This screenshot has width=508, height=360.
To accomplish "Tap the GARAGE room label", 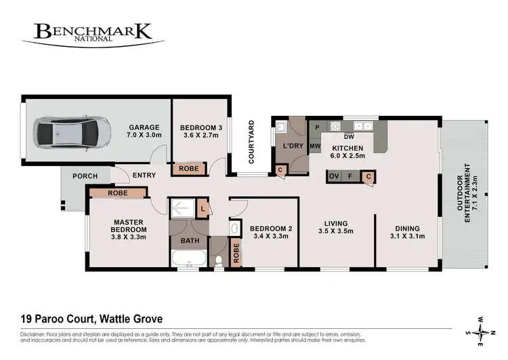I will point(144,132).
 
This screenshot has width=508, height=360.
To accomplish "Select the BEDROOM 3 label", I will point(201,132).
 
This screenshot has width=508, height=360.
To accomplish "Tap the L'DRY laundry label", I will point(293,146).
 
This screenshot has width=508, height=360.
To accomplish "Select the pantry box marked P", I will point(317,126).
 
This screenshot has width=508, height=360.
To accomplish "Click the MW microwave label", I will point(315,146).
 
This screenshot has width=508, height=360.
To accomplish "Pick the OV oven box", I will point(333,177).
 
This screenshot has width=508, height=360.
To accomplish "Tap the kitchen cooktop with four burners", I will point(334,126).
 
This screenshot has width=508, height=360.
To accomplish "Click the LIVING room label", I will point(336,227).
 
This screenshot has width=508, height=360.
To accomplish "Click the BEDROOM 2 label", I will point(270,233).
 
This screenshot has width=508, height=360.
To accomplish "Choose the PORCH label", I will point(85,176).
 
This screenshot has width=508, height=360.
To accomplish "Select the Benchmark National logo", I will point(93,33).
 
